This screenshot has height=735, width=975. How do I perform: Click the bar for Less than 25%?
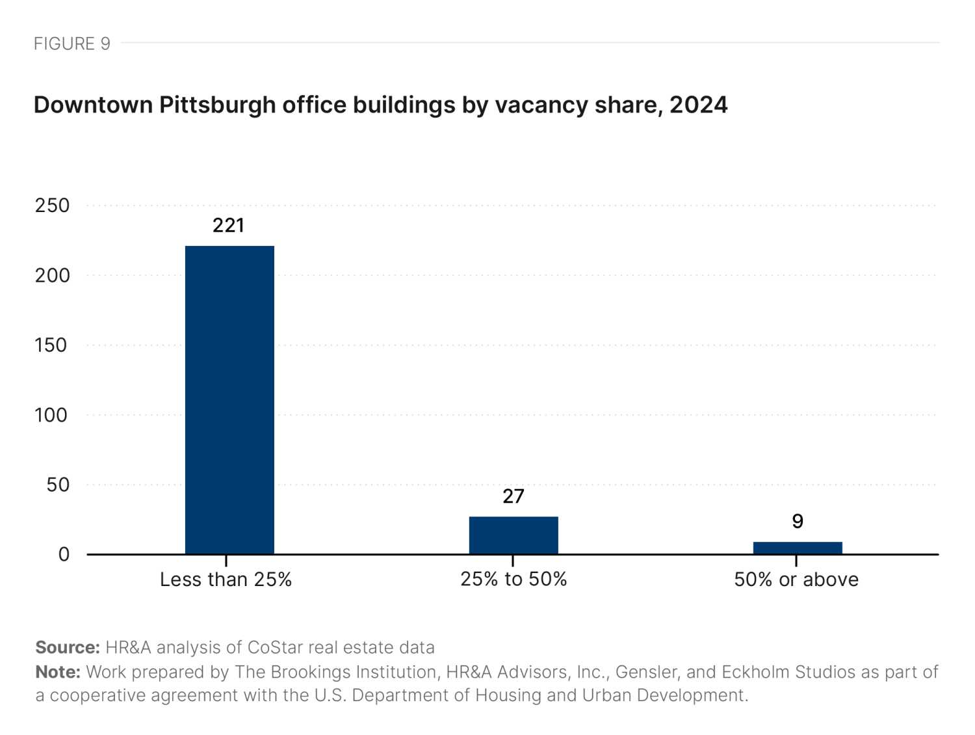tap(229, 399)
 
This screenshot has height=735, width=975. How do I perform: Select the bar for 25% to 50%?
tap(513, 535)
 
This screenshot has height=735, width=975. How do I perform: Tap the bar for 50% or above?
tap(798, 548)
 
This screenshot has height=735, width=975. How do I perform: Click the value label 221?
tap(228, 225)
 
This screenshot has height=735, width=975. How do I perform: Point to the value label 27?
tap(513, 496)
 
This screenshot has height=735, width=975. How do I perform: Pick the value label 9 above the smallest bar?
tap(798, 521)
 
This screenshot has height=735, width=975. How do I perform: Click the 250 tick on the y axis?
tap(52, 206)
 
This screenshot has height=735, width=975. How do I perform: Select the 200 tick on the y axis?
tap(52, 275)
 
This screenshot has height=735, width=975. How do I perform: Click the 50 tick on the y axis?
tap(57, 485)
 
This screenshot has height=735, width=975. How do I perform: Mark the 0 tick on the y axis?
tap(64, 554)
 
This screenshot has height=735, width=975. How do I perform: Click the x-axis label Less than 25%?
tap(226, 580)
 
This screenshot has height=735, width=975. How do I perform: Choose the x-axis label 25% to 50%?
tap(513, 579)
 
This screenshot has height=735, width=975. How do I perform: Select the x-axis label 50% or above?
tap(796, 580)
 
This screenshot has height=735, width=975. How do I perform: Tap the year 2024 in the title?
tap(698, 105)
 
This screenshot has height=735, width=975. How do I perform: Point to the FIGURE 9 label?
tap(71, 44)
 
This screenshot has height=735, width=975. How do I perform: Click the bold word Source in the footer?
tap(67, 647)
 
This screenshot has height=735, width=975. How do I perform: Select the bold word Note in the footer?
tap(57, 671)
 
